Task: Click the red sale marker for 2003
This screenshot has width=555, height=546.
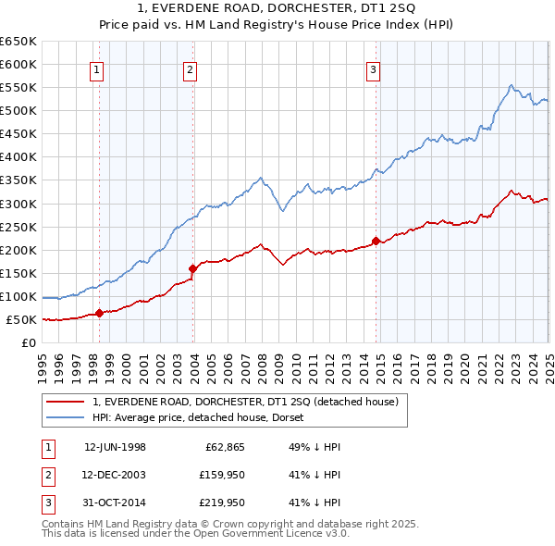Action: tap(193, 269)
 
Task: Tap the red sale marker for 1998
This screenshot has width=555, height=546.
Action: tap(100, 313)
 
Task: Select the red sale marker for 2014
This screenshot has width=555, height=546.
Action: tap(376, 241)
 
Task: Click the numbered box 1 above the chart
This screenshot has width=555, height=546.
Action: tap(97, 68)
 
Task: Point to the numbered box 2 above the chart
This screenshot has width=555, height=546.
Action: tap(190, 68)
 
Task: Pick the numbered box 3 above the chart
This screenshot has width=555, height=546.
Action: tap(372, 68)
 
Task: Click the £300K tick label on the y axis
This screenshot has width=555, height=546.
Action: tap(18, 204)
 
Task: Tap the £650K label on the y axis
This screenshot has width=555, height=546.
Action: tap(18, 42)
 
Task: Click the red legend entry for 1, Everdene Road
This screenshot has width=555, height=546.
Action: tap(245, 402)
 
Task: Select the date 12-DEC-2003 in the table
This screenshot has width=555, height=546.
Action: tap(116, 475)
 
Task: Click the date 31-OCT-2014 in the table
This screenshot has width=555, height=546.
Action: tap(116, 503)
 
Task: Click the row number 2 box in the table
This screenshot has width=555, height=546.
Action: tap(47, 475)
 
